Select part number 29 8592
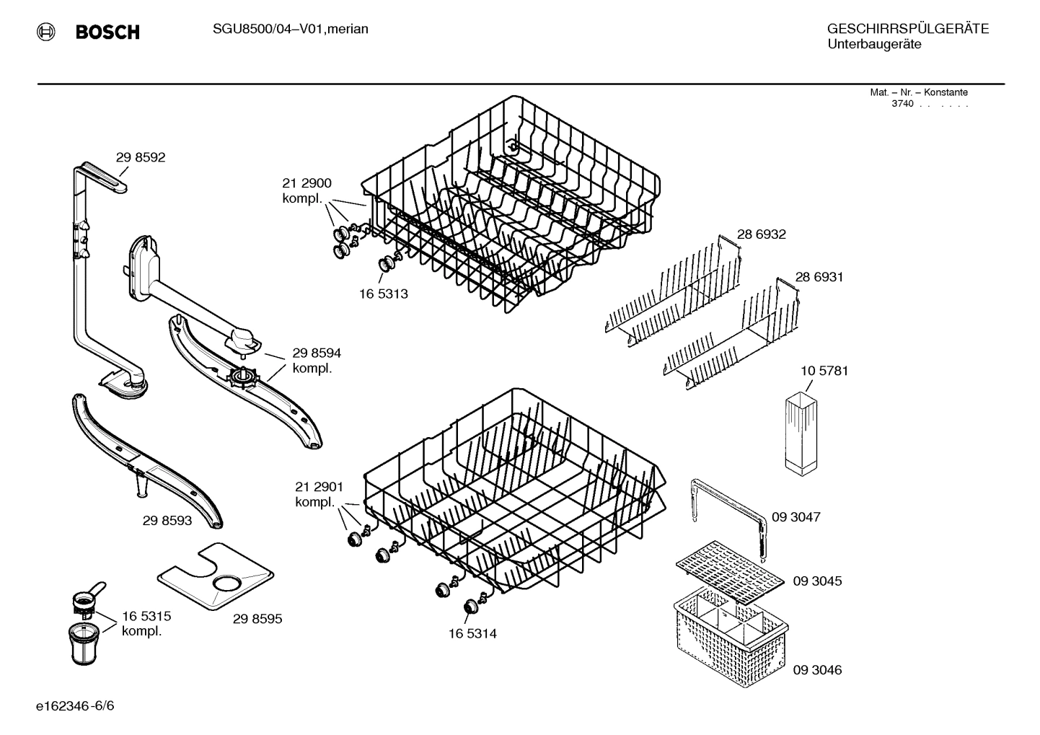[140, 157]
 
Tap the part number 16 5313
[383, 294]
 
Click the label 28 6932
[761, 234]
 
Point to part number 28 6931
[819, 277]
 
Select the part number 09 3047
[796, 517]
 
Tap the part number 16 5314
[472, 634]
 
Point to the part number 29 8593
[167, 520]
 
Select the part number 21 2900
[307, 183]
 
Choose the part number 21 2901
[319, 487]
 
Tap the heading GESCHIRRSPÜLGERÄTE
[907, 29]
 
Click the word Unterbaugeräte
[873, 45]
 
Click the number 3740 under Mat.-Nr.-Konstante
[902, 104]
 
